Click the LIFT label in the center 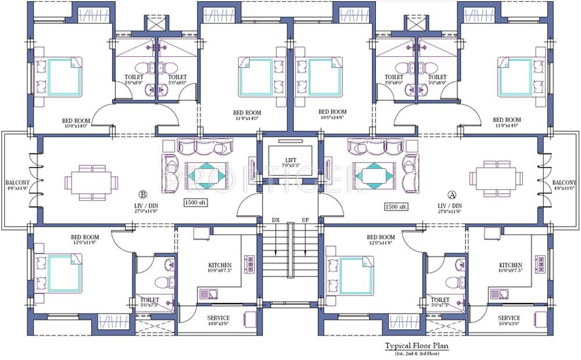tap(290, 160)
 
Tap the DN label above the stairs tap(275, 221)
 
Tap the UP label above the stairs tap(305, 221)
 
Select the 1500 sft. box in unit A tap(396, 206)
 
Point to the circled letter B tap(142, 194)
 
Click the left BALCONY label tap(17, 182)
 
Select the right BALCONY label tap(564, 182)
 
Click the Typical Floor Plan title tap(417, 346)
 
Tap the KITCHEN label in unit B tap(219, 265)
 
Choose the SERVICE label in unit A tap(508, 318)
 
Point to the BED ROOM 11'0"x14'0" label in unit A tap(507, 123)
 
